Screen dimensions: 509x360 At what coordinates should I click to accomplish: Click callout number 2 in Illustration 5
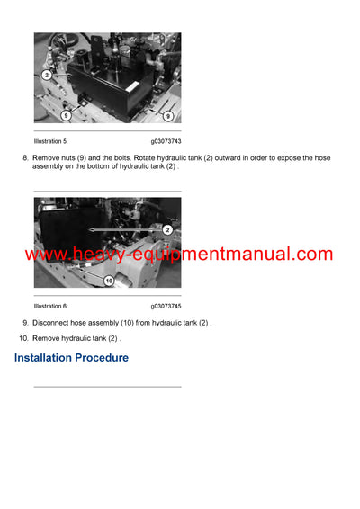tap(47, 75)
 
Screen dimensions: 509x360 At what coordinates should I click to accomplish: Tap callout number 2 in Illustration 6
tap(167, 230)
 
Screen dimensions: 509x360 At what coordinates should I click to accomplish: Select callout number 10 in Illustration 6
tap(108, 281)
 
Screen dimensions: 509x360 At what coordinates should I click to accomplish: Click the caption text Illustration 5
tap(50, 141)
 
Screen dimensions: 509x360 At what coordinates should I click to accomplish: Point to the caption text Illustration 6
tap(50, 306)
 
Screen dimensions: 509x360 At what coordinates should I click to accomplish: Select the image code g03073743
tap(166, 141)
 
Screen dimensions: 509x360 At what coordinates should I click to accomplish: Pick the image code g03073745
tap(166, 306)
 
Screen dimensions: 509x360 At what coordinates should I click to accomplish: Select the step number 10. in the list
tap(23, 338)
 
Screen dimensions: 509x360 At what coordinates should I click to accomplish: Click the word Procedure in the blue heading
tap(104, 358)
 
